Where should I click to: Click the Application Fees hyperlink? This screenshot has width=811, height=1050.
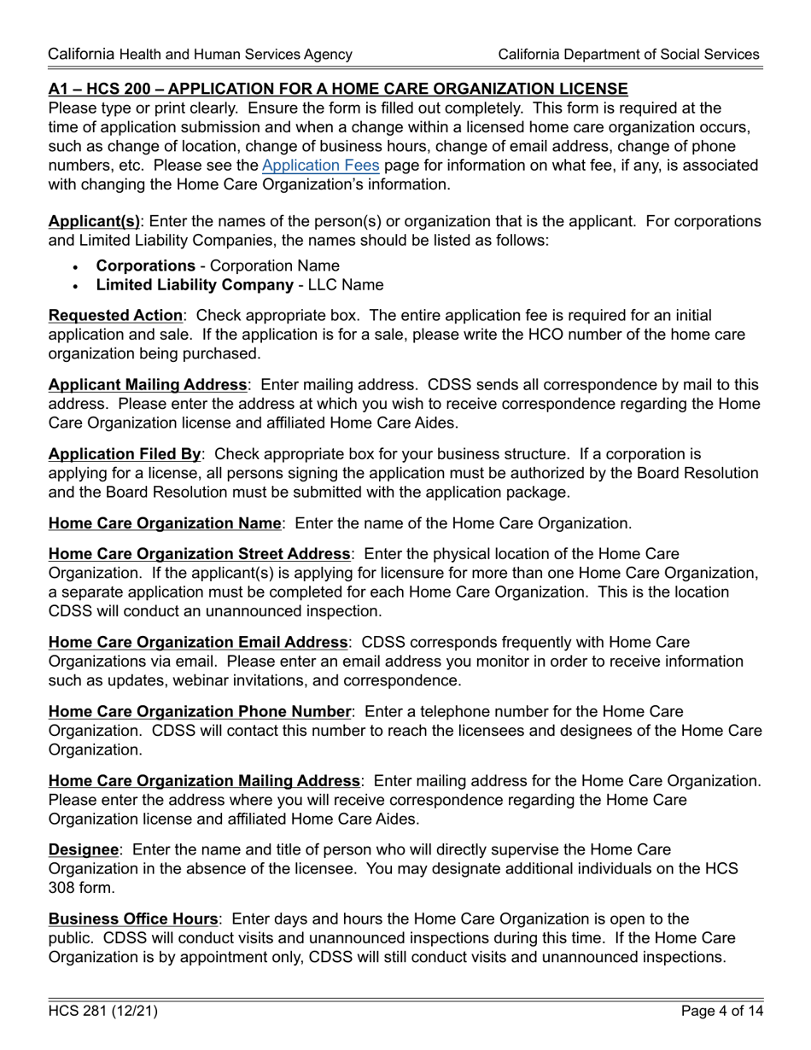320,166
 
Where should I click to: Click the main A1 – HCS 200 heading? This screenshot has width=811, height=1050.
338,89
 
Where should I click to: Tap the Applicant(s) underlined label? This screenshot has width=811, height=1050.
94,222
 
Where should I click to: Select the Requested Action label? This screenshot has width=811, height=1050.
115,316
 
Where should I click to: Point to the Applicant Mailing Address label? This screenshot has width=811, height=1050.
147,385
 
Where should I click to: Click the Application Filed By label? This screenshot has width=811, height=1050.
125,454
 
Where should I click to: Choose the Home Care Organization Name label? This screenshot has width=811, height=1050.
164,523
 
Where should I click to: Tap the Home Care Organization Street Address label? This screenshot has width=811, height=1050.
199,555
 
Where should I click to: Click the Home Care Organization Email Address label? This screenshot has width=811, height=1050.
198,642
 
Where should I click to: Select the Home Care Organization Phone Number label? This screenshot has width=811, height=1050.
200,711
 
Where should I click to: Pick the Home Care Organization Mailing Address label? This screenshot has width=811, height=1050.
204,781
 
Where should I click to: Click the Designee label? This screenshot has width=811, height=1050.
83,850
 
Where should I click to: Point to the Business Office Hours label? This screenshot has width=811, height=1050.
133,919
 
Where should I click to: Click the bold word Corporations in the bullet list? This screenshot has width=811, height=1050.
145,266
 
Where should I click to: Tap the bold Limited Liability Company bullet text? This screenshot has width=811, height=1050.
195,285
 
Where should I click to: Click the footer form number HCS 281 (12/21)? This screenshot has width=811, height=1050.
102,1012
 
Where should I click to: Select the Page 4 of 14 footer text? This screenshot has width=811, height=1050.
721,1012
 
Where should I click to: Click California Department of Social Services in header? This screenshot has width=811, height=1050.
628,55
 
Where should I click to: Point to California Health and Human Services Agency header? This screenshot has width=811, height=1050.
200,55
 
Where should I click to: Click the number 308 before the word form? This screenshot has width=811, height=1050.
63,888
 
